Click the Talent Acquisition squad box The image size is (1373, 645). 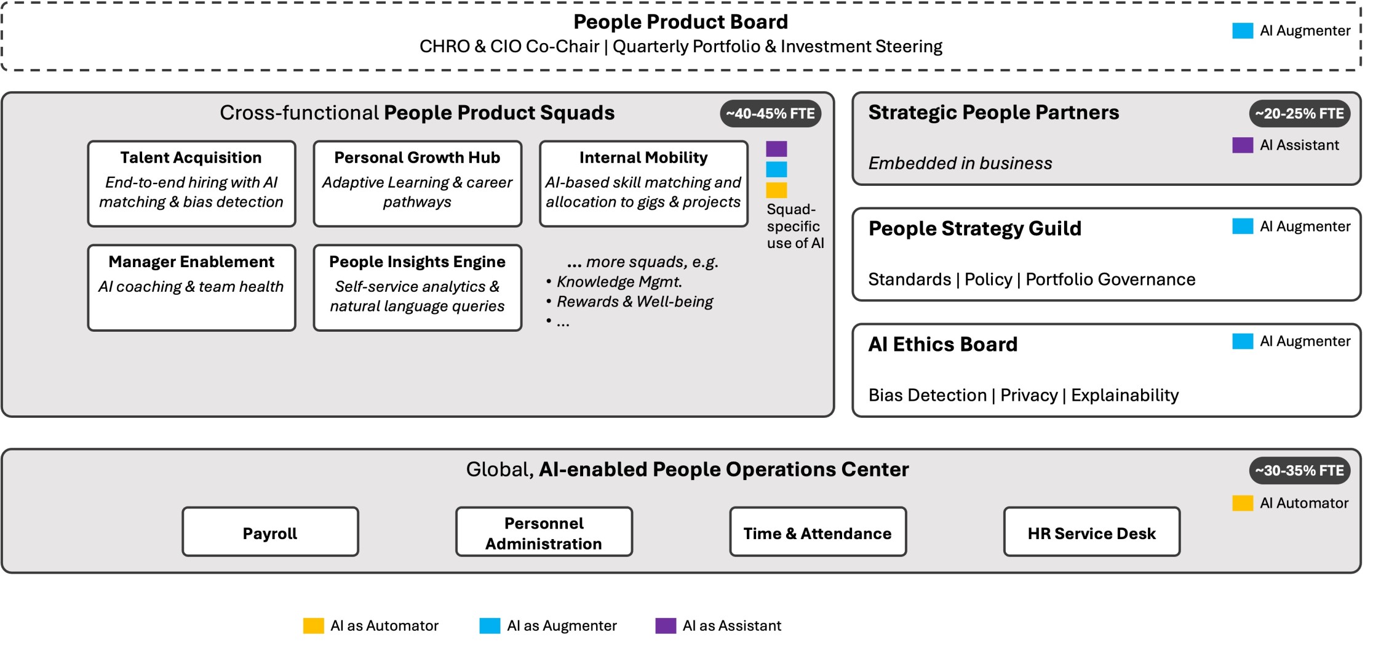[191, 183]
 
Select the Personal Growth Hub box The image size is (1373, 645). [417, 183]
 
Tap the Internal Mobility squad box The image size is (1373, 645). [643, 183]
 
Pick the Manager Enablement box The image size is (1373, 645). [191, 287]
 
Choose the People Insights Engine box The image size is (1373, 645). [417, 287]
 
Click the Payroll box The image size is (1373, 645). [270, 532]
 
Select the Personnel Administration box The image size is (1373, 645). [544, 532]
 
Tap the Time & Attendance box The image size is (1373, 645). [818, 532]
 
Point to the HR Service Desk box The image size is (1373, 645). [1091, 532]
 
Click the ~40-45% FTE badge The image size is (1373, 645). [770, 114]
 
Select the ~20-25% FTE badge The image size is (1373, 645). [1299, 114]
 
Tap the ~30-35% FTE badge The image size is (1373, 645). [1299, 471]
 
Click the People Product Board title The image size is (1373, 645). [680, 22]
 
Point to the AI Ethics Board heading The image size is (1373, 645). [942, 344]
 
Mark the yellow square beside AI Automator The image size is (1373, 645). [1242, 503]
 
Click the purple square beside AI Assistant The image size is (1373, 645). [1242, 145]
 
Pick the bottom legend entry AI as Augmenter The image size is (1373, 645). [548, 626]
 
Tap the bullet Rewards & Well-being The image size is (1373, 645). [634, 302]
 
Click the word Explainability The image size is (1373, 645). [1124, 395]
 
